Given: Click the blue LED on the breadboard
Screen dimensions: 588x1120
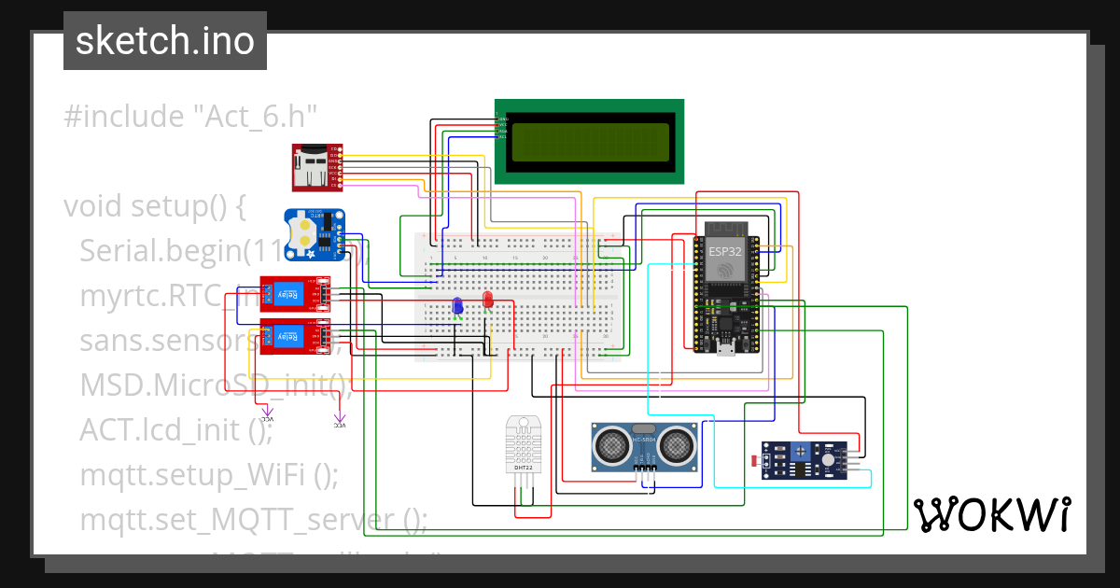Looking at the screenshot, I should tap(457, 305).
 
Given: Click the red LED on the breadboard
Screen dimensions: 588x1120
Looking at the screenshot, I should tap(487, 299).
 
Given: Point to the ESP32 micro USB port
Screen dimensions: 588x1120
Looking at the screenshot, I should tap(724, 352).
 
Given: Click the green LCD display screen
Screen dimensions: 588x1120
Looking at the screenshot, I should tap(588, 141).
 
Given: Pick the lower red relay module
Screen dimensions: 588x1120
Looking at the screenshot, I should tap(294, 337).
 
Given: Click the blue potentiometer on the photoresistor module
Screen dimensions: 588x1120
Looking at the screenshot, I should tap(799, 453).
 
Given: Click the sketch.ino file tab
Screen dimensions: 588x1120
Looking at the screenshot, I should tap(164, 41).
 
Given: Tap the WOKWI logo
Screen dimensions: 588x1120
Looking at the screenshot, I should tap(991, 514).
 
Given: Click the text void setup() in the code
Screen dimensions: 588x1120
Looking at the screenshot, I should tap(154, 205).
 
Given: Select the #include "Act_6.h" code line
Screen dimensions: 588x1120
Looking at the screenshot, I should tap(191, 117).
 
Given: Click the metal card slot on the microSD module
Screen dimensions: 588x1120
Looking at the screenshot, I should tap(306, 174).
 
